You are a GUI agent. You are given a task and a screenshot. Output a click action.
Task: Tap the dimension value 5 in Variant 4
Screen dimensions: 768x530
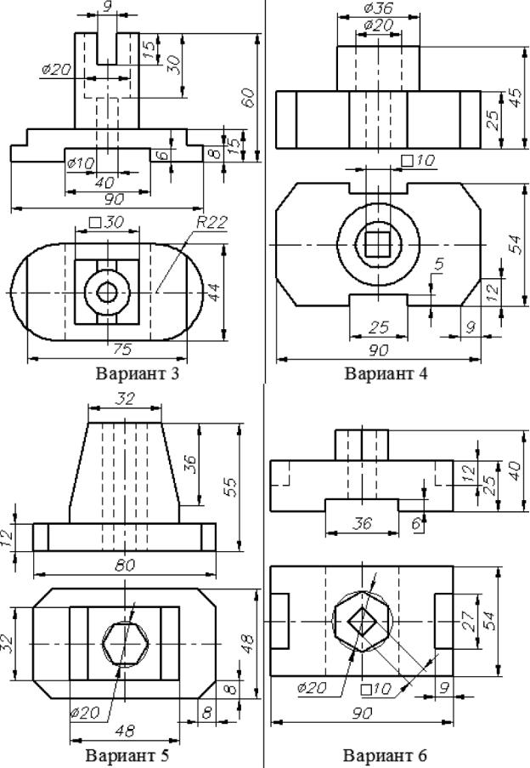pyautogui.click(x=438, y=265)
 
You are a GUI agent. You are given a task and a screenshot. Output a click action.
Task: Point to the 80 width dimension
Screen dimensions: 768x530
pyautogui.click(x=124, y=563)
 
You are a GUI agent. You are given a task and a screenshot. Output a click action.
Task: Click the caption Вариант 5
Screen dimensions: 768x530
pyautogui.click(x=124, y=754)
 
